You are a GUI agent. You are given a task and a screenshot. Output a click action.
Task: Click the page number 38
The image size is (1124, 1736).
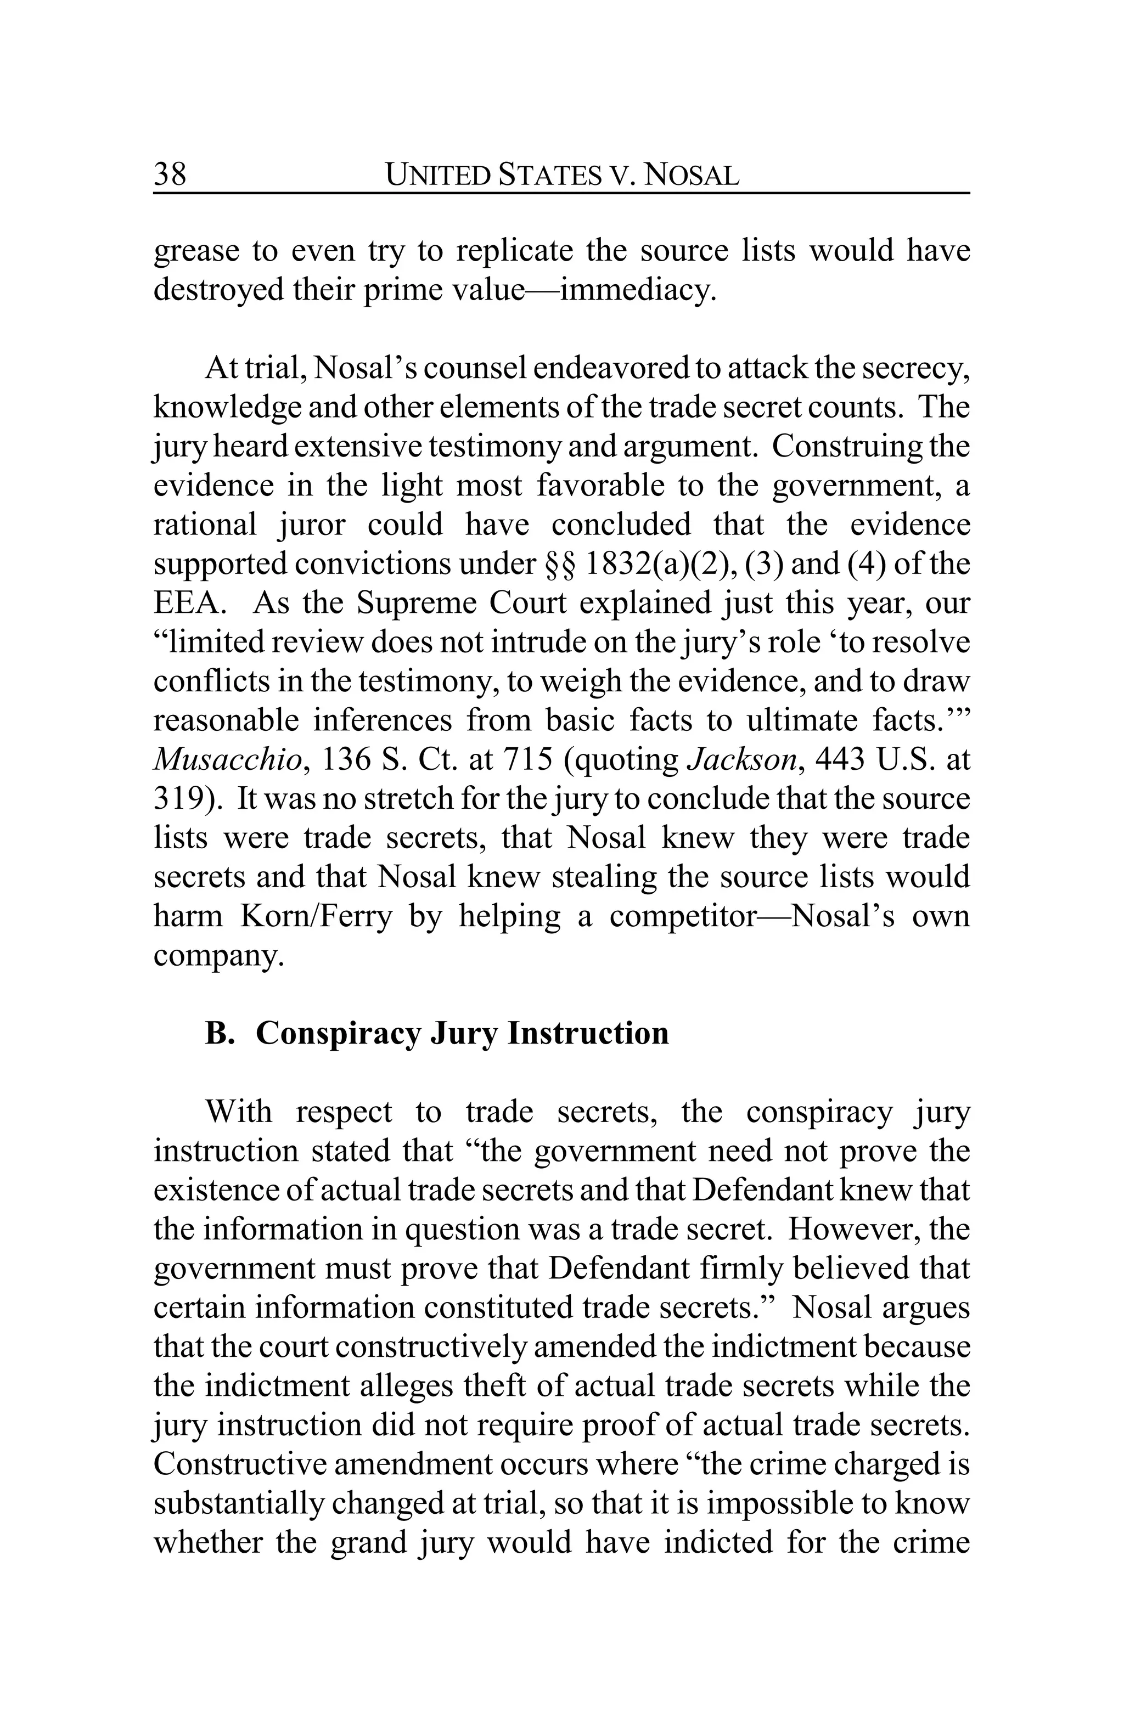coord(170,174)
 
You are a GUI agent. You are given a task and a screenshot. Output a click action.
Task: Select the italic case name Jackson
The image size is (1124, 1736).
coord(742,760)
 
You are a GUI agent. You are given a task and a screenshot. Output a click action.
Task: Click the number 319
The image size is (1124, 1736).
coord(181,799)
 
